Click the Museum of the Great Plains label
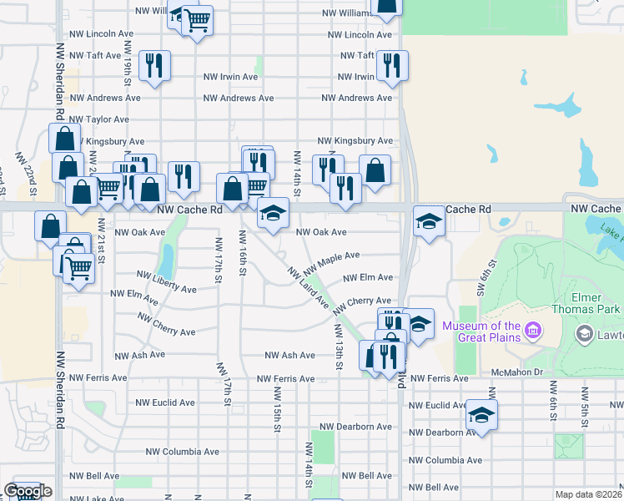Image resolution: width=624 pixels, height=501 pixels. point(481,331)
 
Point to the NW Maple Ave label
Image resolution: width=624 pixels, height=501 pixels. point(331,264)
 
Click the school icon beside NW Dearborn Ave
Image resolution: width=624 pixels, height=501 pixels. point(481,415)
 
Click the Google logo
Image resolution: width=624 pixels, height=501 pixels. point(28,492)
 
